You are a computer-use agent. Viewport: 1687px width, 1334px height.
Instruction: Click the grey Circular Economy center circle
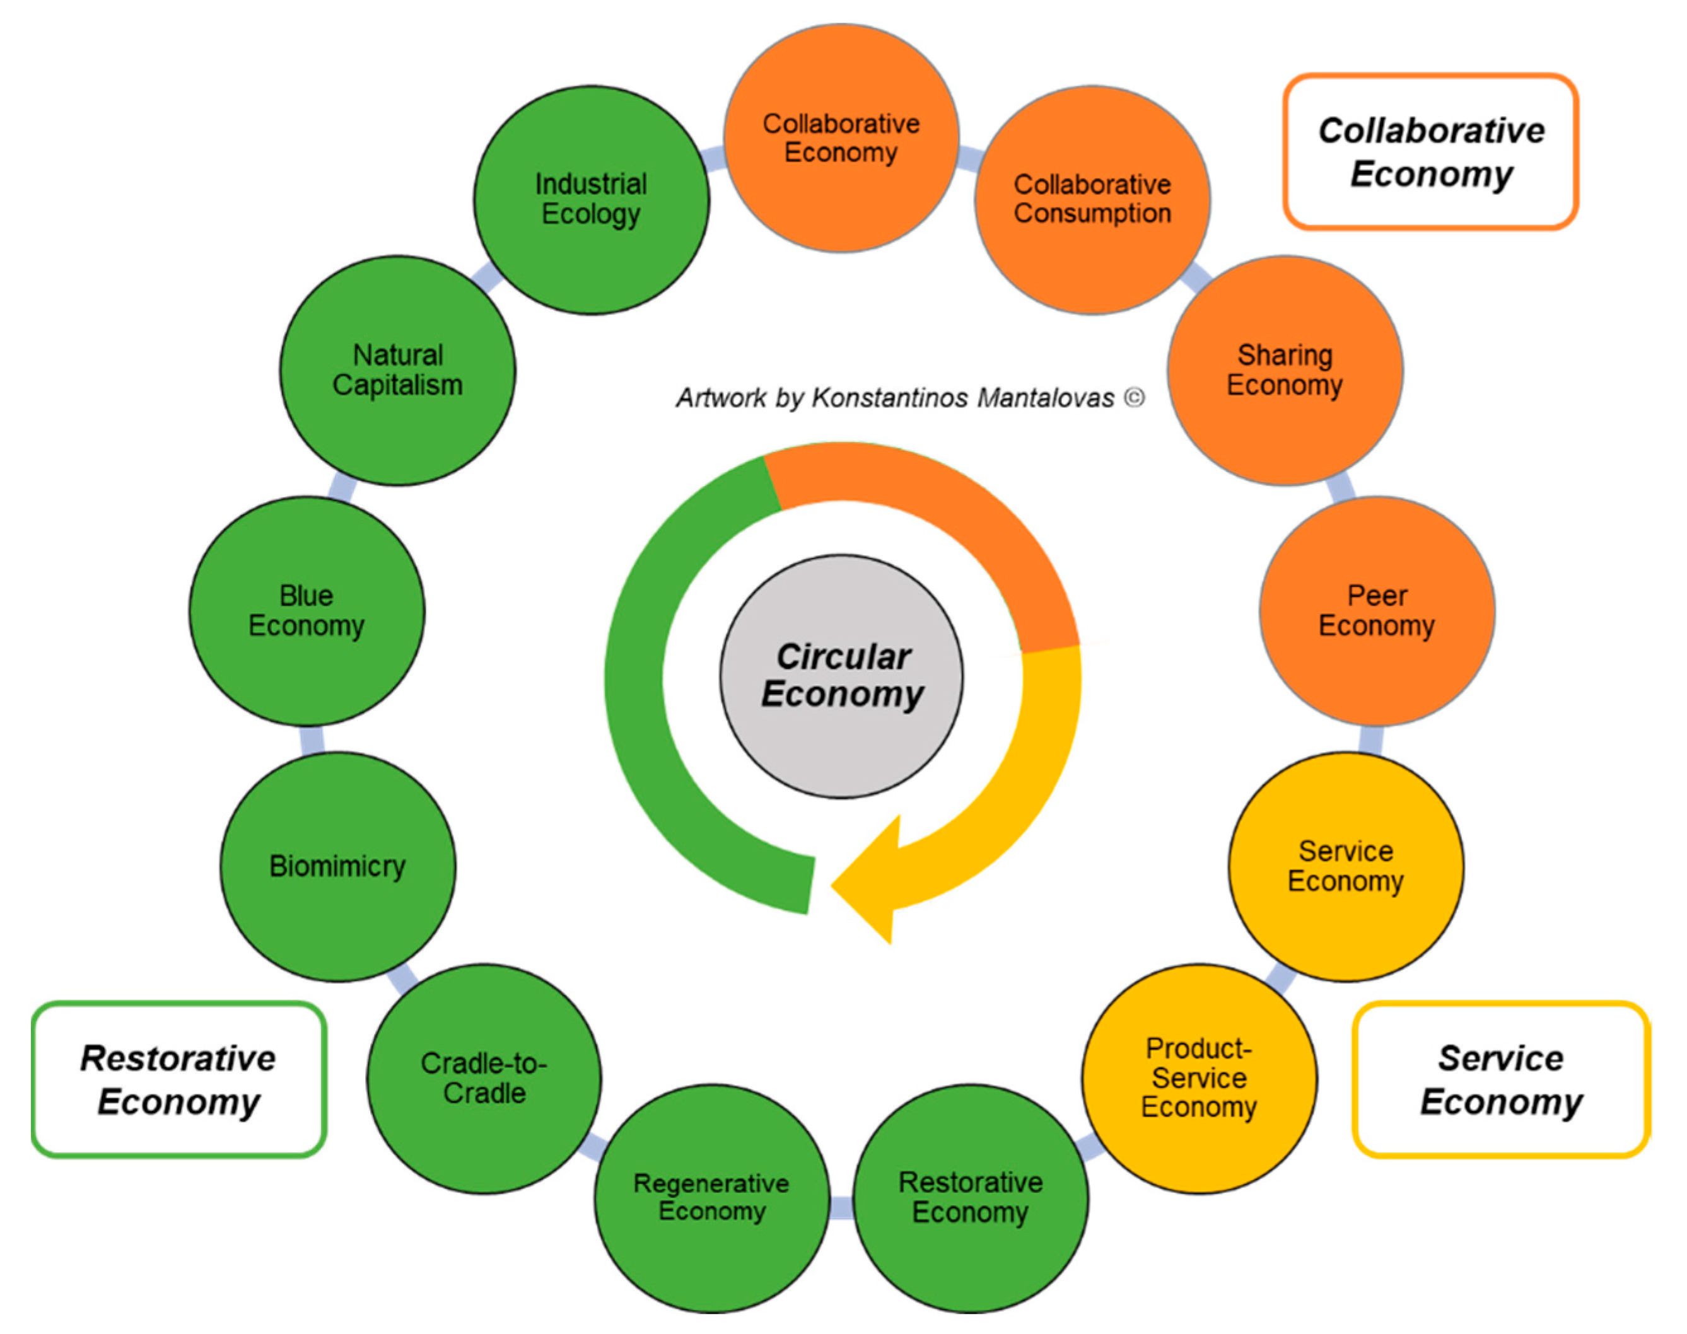pyautogui.click(x=841, y=676)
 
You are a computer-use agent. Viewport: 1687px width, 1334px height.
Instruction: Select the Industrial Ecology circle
pyautogui.click(x=592, y=200)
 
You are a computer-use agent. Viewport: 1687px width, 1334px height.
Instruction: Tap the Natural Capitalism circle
pyautogui.click(x=398, y=370)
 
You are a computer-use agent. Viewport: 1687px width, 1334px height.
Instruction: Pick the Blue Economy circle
pyautogui.click(x=307, y=611)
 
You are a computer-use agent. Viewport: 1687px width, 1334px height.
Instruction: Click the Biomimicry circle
pyautogui.click(x=337, y=867)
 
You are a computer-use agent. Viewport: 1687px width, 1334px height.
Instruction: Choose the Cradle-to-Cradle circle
pyautogui.click(x=484, y=1079)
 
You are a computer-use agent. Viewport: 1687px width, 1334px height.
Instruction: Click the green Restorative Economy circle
pyautogui.click(x=971, y=1198)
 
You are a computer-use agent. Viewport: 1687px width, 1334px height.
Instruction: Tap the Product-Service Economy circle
pyautogui.click(x=1200, y=1079)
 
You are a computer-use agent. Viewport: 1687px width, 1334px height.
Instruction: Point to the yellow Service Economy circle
pyautogui.click(x=1346, y=867)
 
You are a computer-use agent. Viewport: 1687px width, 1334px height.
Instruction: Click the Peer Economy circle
pyautogui.click(x=1377, y=611)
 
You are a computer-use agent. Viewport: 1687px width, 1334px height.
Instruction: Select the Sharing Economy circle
pyautogui.click(x=1285, y=370)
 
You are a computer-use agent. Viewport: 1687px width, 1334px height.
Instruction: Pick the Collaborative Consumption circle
pyautogui.click(x=1092, y=200)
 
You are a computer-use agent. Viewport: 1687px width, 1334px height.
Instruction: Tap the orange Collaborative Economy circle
pyautogui.click(x=841, y=138)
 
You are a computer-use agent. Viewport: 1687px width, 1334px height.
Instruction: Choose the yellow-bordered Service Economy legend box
pyautogui.click(x=1501, y=1079)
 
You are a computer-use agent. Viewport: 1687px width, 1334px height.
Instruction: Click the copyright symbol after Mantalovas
pyautogui.click(x=1135, y=398)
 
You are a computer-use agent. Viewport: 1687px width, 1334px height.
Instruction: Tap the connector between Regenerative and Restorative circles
pyautogui.click(x=841, y=1207)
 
